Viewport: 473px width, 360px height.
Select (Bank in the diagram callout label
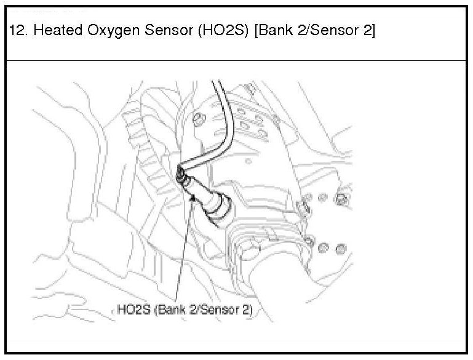click(x=171, y=309)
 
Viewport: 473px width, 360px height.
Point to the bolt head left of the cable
click(x=198, y=118)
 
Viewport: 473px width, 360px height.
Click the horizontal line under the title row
click(x=236, y=61)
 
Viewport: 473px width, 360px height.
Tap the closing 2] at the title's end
click(x=367, y=31)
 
